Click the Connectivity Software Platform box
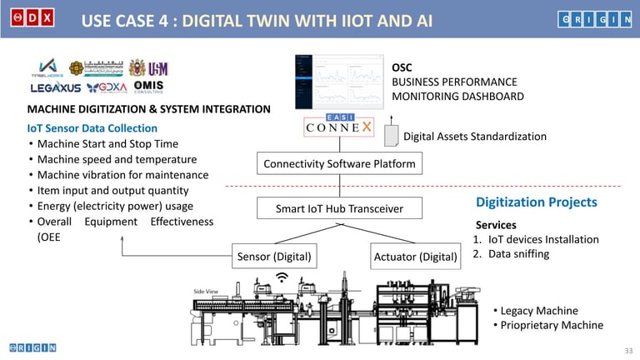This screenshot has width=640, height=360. (x=339, y=163)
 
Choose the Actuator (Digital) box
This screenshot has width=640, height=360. (x=416, y=256)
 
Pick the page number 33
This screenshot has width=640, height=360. (x=629, y=349)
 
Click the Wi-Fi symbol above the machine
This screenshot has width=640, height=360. (x=282, y=277)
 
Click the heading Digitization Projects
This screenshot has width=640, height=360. (x=536, y=202)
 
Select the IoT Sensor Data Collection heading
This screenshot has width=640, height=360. (x=92, y=128)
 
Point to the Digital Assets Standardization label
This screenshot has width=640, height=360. (x=475, y=136)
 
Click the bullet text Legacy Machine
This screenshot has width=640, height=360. (x=538, y=311)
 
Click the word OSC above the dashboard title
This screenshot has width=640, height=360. (x=402, y=67)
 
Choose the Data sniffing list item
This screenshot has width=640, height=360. (x=517, y=253)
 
